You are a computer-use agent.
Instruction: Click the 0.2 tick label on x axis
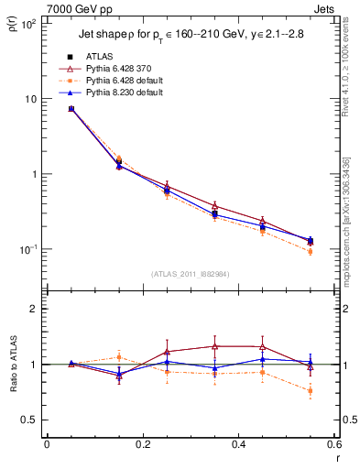[142, 445]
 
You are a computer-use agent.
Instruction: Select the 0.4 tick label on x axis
[238, 445]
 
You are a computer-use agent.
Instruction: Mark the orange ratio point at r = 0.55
[311, 391]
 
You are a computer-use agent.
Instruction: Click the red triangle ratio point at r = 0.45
[263, 347]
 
